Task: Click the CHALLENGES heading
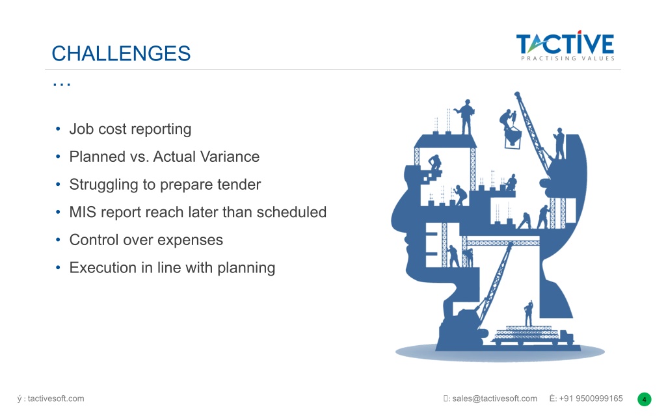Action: pyautogui.click(x=121, y=53)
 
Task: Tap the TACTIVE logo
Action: pyautogui.click(x=565, y=46)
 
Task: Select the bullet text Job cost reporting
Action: pyautogui.click(x=130, y=129)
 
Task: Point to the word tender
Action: pyautogui.click(x=239, y=184)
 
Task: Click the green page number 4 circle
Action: pyautogui.click(x=645, y=400)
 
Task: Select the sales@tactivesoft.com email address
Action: pyautogui.click(x=494, y=398)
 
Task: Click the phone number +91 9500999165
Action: pyautogui.click(x=591, y=398)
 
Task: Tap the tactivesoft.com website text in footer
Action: pyautogui.click(x=56, y=398)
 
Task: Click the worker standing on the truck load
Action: pyautogui.click(x=528, y=313)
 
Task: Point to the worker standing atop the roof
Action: pyautogui.click(x=466, y=116)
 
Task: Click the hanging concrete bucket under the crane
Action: pyautogui.click(x=513, y=137)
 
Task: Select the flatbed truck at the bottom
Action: pyautogui.click(x=533, y=335)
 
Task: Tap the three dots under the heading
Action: pyautogui.click(x=62, y=84)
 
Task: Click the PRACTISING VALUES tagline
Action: pyautogui.click(x=568, y=58)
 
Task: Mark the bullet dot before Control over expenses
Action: pyautogui.click(x=58, y=240)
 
